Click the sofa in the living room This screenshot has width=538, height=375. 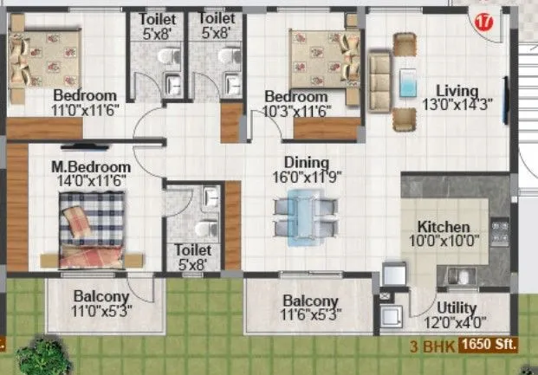pos(379,84)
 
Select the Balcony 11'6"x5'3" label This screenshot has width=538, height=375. pos(309,301)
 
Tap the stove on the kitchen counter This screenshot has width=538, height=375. pos(500,231)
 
